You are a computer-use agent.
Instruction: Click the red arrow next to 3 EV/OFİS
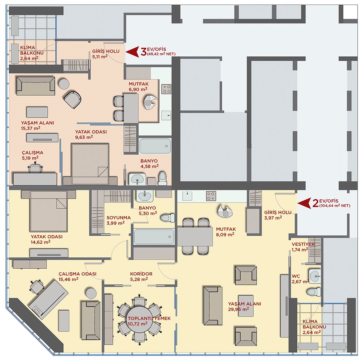(x=132, y=52)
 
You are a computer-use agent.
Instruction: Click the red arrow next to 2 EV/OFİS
(x=304, y=203)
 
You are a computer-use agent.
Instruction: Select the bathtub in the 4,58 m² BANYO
(x=155, y=146)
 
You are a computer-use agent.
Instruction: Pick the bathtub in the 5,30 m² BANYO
(x=154, y=237)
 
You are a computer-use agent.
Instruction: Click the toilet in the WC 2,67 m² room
(x=314, y=292)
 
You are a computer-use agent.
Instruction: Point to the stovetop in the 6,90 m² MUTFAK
(x=166, y=89)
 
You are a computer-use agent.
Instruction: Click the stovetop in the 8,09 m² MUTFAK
(x=211, y=196)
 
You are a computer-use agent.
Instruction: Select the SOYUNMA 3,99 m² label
(x=119, y=220)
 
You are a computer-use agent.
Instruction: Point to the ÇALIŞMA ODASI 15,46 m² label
(x=77, y=276)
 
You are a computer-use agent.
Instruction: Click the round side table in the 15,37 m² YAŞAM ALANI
(x=64, y=84)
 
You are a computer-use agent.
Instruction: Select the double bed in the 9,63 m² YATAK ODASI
(x=90, y=164)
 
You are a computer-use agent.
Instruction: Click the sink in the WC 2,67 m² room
(x=315, y=276)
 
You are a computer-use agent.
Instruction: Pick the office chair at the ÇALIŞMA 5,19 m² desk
(x=35, y=168)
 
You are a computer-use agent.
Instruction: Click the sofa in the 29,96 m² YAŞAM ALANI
(x=213, y=306)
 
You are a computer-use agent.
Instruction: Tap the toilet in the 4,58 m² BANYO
(x=162, y=178)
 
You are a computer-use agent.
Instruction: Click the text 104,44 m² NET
(x=335, y=205)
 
